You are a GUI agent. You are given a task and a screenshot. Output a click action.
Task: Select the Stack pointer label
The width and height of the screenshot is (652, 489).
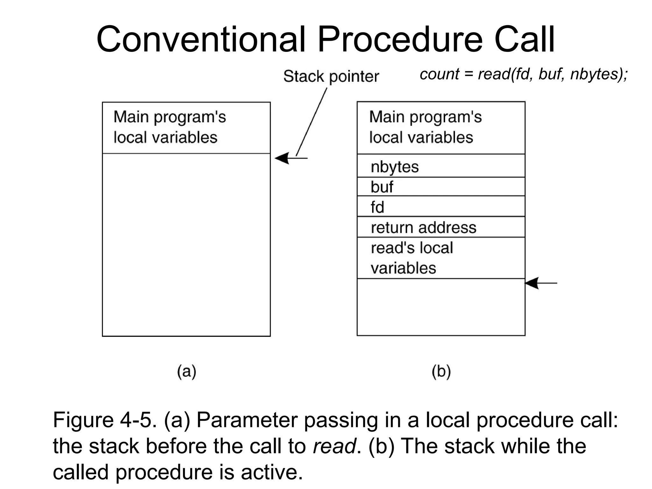(x=331, y=76)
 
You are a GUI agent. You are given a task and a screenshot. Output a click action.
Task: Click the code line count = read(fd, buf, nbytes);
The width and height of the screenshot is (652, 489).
(x=524, y=74)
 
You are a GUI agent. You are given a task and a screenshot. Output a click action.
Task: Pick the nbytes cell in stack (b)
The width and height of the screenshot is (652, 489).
(x=441, y=166)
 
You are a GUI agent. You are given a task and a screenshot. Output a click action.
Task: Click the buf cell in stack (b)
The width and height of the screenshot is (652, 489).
(x=441, y=187)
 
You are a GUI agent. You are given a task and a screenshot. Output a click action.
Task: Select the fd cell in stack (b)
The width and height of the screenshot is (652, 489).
(x=441, y=207)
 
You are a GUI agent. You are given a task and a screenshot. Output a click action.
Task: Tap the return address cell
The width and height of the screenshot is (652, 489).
(x=441, y=227)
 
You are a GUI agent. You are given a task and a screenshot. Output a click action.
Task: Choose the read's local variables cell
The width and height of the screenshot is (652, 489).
(x=441, y=258)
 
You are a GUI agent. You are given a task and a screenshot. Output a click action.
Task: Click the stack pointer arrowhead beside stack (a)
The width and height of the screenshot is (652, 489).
(x=282, y=158)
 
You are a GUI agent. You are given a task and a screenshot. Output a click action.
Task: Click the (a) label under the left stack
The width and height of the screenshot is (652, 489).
(x=187, y=371)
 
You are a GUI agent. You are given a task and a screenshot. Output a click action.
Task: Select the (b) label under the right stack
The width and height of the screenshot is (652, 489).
(x=441, y=371)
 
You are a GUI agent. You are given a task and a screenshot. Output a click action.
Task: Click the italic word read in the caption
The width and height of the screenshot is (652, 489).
(x=334, y=446)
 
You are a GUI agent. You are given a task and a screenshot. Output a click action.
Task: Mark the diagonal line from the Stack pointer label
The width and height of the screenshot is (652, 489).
(x=311, y=122)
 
